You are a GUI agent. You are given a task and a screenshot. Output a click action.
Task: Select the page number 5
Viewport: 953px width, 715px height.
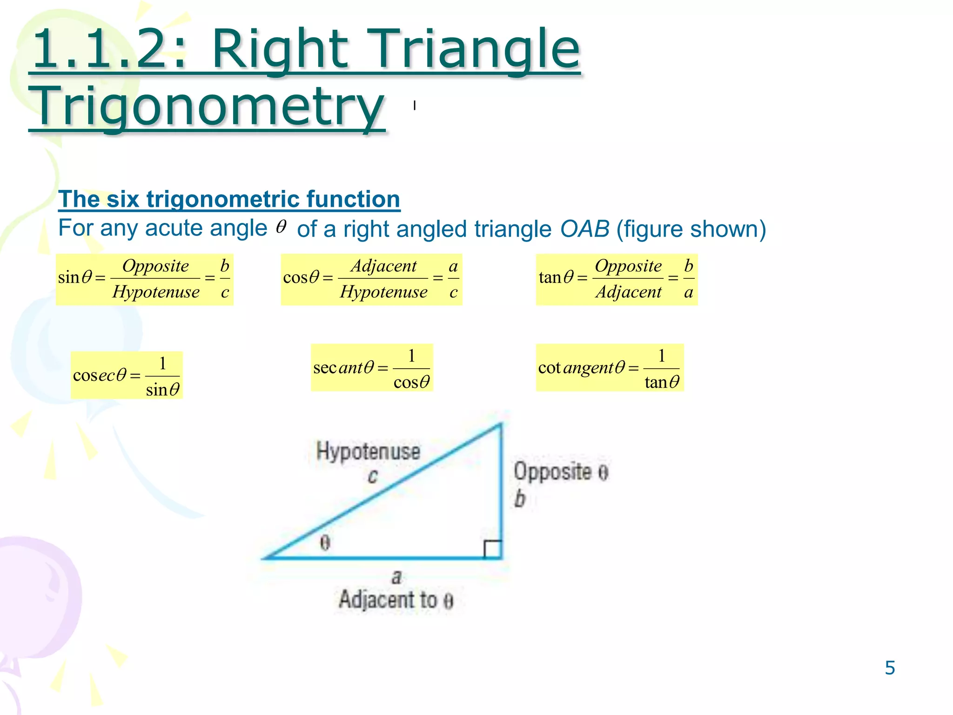pos(890,668)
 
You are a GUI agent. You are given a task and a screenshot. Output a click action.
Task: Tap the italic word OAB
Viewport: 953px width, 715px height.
pos(584,229)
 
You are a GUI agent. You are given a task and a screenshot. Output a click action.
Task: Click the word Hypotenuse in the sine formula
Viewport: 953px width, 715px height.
pos(156,292)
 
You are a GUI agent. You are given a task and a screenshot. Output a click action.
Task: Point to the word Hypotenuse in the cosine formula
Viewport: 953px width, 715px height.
pos(383,292)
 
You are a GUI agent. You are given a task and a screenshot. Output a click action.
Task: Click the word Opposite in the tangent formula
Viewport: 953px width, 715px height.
pos(628,266)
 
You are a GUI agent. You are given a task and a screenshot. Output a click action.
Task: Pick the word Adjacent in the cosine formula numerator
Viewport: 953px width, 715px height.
pos(383,266)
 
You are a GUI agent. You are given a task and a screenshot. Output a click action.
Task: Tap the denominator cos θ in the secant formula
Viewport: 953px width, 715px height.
pos(411,382)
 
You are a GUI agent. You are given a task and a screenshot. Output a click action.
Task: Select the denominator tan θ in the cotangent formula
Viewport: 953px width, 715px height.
pos(661,382)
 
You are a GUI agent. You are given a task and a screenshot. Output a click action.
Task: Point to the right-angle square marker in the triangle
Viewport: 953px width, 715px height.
pos(493,549)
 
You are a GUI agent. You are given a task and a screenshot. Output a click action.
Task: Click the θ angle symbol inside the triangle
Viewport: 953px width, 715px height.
pos(325,542)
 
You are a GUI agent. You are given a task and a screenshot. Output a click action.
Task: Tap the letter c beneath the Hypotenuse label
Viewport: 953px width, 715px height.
pos(372,476)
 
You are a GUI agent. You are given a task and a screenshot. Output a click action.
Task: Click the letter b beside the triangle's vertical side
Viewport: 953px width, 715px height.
pos(520,499)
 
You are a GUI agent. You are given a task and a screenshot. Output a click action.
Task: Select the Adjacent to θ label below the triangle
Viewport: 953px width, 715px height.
pos(396,600)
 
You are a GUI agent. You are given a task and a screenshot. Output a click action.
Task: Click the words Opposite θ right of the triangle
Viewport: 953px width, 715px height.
pos(561,472)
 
